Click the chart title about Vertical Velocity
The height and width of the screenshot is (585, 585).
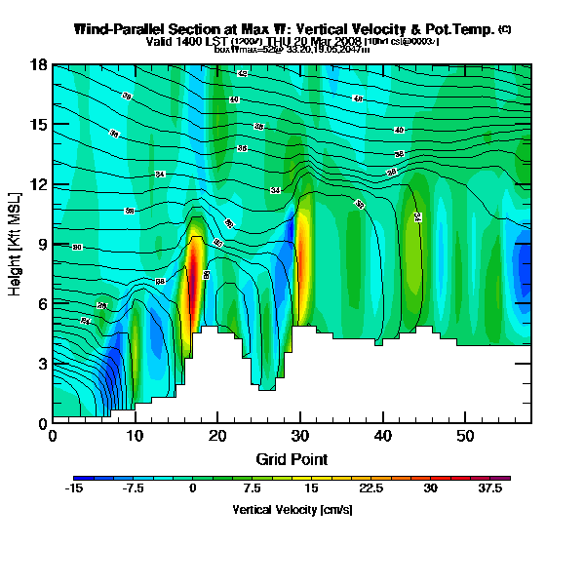(x=286, y=30)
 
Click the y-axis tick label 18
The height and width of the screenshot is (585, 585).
(x=38, y=66)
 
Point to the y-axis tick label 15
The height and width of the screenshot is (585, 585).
(x=38, y=125)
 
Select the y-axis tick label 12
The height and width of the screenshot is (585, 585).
(x=38, y=184)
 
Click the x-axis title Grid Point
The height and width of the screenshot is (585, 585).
(x=292, y=458)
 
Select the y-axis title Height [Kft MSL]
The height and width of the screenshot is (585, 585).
(x=17, y=244)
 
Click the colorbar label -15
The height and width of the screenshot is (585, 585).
(x=74, y=489)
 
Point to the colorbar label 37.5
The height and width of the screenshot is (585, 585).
(x=493, y=489)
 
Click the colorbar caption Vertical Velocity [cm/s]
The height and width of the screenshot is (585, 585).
(x=292, y=510)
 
